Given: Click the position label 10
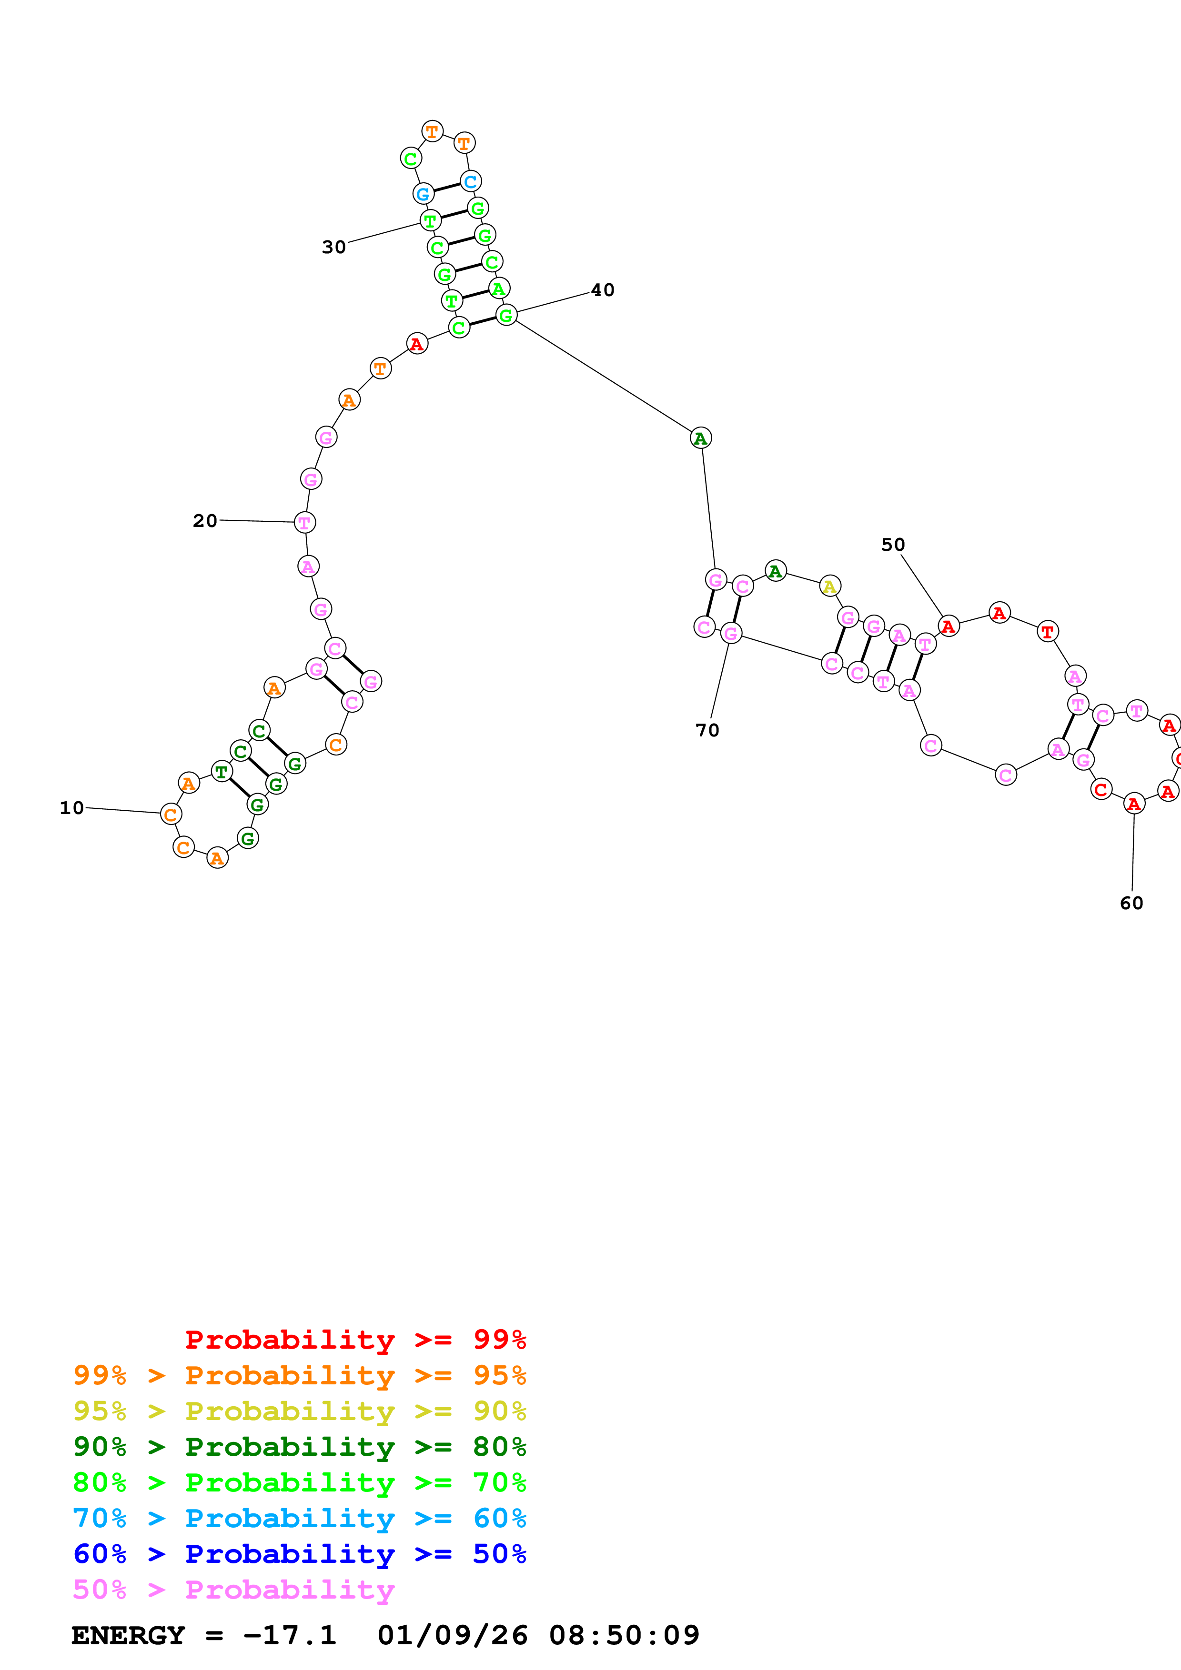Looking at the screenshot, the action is click(x=71, y=808).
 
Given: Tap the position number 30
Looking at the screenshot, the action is click(x=334, y=247).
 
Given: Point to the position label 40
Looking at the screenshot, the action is click(x=603, y=290).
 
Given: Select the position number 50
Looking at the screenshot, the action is click(x=893, y=545).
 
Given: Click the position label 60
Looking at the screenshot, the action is click(x=1131, y=904).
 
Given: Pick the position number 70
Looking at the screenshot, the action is click(x=707, y=730).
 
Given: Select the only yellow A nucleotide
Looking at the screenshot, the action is click(x=829, y=586).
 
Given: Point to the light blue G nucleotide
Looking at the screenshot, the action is click(x=423, y=194).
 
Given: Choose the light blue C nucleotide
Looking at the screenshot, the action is click(x=471, y=181).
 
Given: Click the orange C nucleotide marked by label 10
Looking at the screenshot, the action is click(x=170, y=815).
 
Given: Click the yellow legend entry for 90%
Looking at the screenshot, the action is click(x=299, y=1412).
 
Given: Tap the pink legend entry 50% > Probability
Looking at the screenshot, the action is click(x=233, y=1590).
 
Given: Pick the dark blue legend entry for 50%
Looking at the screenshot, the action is click(x=299, y=1554).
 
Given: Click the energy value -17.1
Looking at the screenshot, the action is click(x=290, y=1636).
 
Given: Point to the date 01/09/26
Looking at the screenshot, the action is click(x=453, y=1636).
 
